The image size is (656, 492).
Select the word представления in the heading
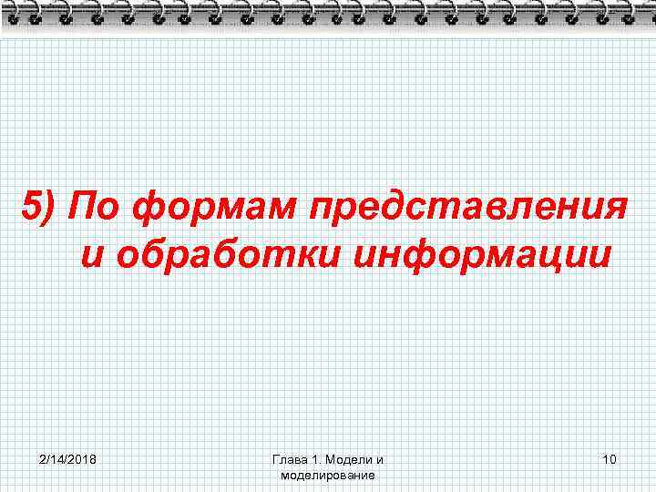click(467, 209)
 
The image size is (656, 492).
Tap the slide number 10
click(610, 459)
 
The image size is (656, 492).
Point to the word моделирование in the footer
click(328, 476)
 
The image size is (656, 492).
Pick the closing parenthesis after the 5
click(50, 209)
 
